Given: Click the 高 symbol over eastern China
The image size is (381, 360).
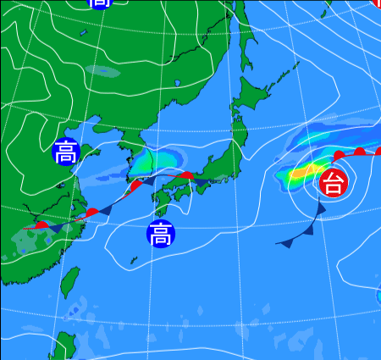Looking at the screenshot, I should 65,152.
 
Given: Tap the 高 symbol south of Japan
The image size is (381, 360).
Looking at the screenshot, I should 159,233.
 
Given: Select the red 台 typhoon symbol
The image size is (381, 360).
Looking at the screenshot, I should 334,182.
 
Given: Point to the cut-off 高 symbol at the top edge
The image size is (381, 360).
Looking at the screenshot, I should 100,3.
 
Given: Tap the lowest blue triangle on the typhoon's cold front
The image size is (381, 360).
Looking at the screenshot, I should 285,243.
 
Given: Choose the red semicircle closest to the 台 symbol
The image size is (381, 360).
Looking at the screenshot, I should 338,156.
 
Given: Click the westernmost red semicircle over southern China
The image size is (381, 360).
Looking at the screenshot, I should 41,224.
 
